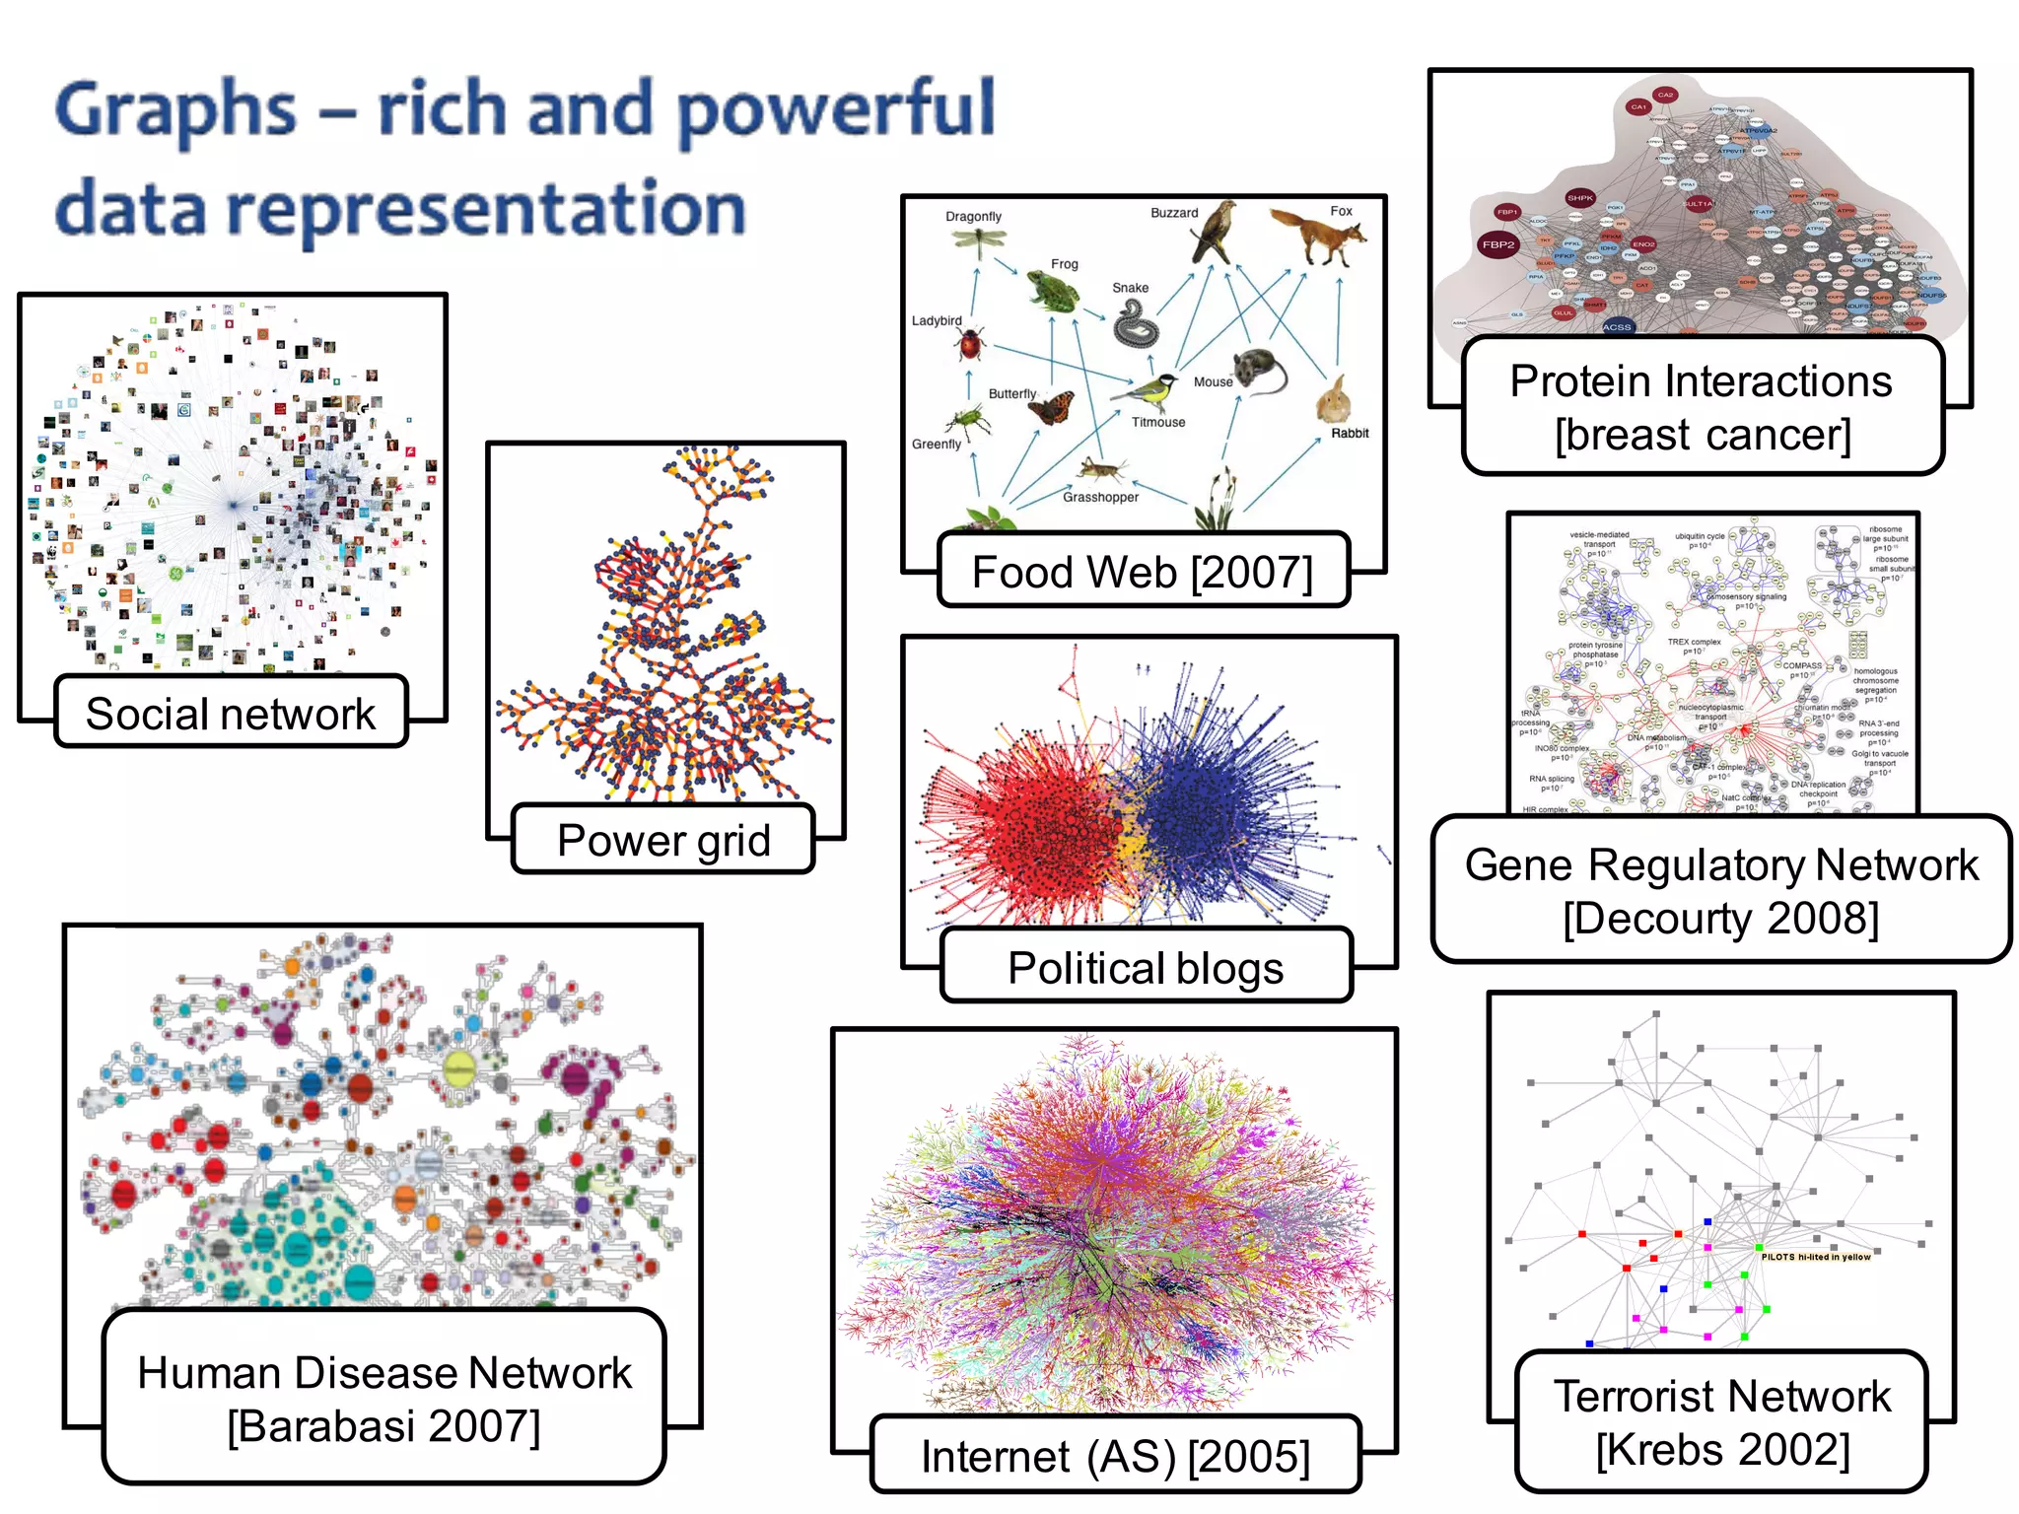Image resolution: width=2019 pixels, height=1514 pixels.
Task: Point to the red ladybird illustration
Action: (x=970, y=345)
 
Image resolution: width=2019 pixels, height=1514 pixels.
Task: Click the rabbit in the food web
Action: (x=1334, y=400)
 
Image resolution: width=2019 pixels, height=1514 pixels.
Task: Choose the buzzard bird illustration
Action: (x=1214, y=234)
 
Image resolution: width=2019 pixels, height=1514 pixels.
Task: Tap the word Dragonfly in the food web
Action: (x=973, y=216)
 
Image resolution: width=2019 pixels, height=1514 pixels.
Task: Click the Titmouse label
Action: (x=1158, y=422)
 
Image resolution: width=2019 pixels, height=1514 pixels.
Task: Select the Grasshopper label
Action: (x=1100, y=497)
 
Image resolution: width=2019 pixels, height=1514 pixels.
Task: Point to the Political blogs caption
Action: (x=1146, y=968)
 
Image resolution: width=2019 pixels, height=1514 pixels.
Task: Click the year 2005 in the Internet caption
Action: (x=1249, y=1457)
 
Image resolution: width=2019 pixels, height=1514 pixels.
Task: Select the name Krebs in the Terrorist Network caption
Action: (x=1666, y=1450)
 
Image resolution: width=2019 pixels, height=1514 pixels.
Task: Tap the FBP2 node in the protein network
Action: (x=1498, y=244)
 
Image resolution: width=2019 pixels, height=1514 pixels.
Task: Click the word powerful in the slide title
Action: (x=837, y=110)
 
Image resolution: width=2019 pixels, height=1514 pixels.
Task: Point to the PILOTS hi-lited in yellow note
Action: (x=1815, y=1257)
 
